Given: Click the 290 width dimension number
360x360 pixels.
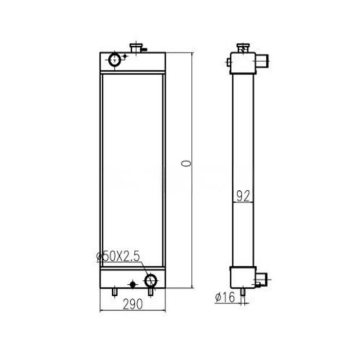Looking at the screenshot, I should pos(132,304).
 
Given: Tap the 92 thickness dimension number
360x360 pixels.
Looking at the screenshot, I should pos(242,195).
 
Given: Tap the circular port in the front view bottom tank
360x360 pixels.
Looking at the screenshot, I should pos(151,280).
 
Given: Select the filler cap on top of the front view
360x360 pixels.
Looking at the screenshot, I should pos(136,48).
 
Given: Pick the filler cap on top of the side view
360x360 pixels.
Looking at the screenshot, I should pos(243,48).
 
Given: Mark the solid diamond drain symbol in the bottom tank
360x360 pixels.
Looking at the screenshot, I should pos(133,284).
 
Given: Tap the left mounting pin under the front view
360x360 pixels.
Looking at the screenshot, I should pos(114,292).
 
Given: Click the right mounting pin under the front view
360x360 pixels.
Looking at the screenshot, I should pos(150,292).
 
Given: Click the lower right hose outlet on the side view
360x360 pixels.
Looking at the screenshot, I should pos(262,281).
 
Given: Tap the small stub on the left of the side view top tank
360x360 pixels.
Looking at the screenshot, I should pos(228,62).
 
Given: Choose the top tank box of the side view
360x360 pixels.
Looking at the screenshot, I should pos(243,63).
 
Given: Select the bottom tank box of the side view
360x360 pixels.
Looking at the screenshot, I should pos(242,278).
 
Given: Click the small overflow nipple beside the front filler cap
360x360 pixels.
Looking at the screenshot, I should pos(145,49).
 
